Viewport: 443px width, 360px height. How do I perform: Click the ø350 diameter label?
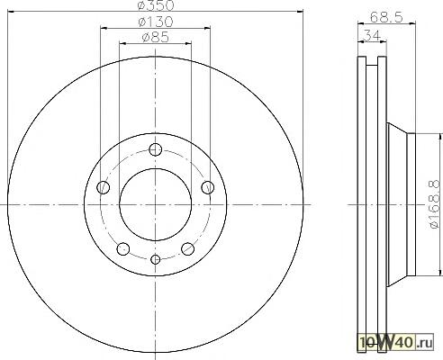click(156, 5)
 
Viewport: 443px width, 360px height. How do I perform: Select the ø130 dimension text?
click(156, 22)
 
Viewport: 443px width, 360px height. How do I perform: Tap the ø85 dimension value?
click(156, 38)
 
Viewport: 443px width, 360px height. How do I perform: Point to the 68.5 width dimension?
click(386, 17)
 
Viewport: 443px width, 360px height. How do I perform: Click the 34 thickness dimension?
click(372, 35)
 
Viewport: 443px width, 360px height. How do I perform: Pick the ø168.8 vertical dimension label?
click(437, 205)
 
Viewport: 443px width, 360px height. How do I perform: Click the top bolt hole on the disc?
click(156, 149)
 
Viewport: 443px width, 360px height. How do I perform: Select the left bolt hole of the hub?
click(104, 187)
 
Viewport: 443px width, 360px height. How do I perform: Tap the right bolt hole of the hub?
click(208, 187)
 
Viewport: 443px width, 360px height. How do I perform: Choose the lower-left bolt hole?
click(123, 248)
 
